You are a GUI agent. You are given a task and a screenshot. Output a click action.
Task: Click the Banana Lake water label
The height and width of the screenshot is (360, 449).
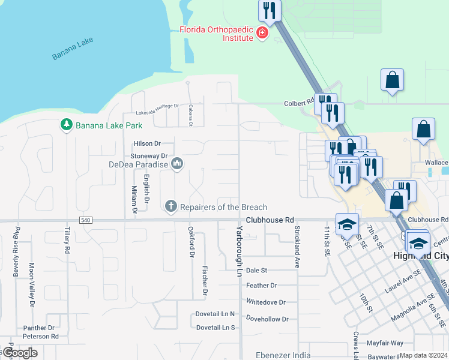click(x=73, y=49)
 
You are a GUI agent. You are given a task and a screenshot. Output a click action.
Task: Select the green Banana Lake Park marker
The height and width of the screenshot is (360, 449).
click(x=66, y=125)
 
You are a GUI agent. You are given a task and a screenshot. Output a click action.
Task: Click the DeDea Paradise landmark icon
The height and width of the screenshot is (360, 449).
click(x=176, y=164)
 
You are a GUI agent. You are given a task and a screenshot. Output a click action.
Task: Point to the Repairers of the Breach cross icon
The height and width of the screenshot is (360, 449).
click(x=170, y=207)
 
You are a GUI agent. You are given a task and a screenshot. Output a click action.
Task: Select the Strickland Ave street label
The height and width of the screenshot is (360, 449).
click(x=297, y=246)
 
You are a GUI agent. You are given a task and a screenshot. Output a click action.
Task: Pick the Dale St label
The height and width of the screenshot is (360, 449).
click(x=256, y=271)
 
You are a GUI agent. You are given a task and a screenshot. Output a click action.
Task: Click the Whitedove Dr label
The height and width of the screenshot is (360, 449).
click(x=265, y=302)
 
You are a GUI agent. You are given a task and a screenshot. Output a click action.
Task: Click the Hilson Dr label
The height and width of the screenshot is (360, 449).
click(x=148, y=143)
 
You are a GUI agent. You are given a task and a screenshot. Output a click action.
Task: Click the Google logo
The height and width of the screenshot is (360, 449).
click(x=19, y=353)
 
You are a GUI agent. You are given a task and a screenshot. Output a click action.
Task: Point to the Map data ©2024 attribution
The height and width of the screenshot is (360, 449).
click(x=423, y=355)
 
